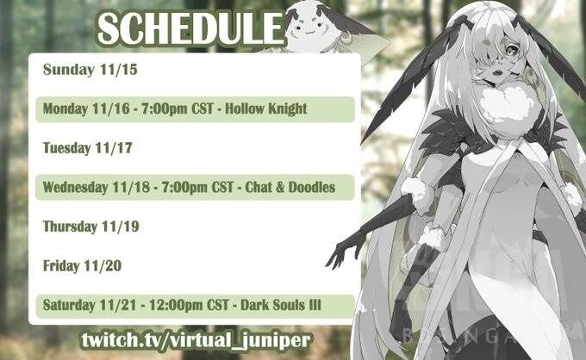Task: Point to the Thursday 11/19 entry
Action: [90, 227]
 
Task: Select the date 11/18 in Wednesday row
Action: [129, 186]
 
